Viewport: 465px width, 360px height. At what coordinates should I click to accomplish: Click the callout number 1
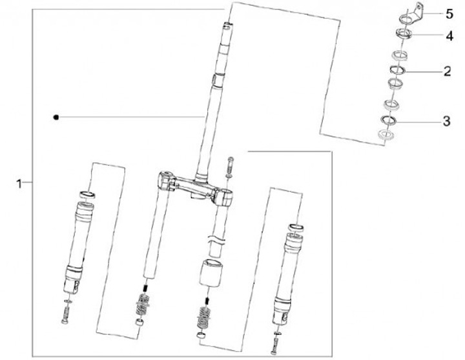[19, 184]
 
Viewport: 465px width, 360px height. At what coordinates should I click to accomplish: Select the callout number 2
[447, 72]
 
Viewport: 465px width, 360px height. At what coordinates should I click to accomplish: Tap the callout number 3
[447, 121]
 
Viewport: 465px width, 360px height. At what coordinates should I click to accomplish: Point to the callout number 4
[449, 36]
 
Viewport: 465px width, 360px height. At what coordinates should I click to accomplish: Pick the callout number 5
[449, 14]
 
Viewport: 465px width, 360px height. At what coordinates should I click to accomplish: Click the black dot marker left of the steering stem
[56, 117]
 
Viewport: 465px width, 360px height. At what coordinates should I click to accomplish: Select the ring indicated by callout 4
[404, 33]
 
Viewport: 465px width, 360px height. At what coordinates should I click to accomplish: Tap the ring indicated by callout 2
[397, 70]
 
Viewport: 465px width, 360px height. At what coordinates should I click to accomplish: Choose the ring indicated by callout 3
[389, 120]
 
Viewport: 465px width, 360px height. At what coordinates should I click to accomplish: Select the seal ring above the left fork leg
[88, 195]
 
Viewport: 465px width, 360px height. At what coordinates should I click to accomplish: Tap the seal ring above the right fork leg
[296, 228]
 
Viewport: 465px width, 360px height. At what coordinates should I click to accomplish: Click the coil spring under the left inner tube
[143, 305]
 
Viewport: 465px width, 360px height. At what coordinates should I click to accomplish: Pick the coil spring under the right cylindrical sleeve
[204, 317]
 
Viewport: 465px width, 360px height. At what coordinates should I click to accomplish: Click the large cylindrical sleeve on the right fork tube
[211, 273]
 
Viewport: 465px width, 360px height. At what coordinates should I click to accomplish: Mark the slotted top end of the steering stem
[227, 26]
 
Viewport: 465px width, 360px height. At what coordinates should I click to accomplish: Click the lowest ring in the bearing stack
[386, 135]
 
